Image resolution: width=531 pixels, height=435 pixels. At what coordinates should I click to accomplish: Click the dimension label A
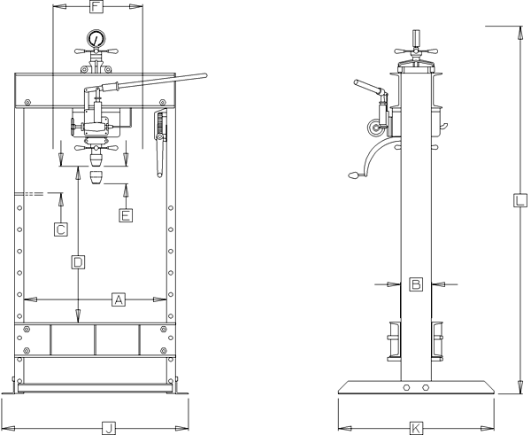[x=118, y=299]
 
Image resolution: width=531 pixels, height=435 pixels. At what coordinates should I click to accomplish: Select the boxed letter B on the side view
[x=416, y=284]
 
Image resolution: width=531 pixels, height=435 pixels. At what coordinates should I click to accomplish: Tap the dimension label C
[x=60, y=229]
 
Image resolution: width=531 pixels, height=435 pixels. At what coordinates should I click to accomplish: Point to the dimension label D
[x=78, y=262]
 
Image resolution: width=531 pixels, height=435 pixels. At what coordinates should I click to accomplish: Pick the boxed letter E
[x=126, y=214]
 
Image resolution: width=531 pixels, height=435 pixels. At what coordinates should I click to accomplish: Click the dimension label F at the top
[x=97, y=7]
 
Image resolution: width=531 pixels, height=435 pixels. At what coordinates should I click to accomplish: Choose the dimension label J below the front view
[x=108, y=428]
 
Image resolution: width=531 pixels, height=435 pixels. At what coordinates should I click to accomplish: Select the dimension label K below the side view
[x=416, y=428]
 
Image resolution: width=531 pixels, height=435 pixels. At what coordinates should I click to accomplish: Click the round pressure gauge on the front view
[x=95, y=41]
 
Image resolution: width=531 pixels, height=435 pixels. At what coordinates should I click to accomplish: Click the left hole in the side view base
[x=405, y=388]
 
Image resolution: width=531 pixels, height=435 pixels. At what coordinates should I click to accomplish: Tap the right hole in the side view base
[x=426, y=388]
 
